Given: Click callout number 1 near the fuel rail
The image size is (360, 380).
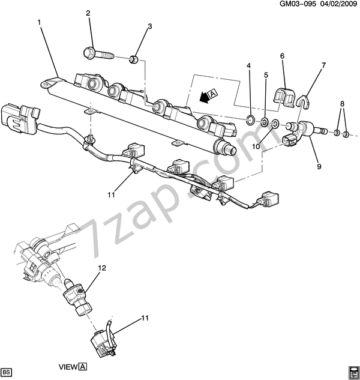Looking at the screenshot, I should (39, 23).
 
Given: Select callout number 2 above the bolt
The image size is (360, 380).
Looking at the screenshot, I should (88, 13).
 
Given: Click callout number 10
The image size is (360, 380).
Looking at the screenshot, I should (255, 146).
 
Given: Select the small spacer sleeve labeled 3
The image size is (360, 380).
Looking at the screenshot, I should (136, 59).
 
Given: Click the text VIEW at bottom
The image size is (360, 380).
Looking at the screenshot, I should (68, 366).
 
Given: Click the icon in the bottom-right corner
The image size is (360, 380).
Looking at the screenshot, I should (352, 369).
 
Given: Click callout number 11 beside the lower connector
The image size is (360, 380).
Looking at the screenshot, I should (144, 318).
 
